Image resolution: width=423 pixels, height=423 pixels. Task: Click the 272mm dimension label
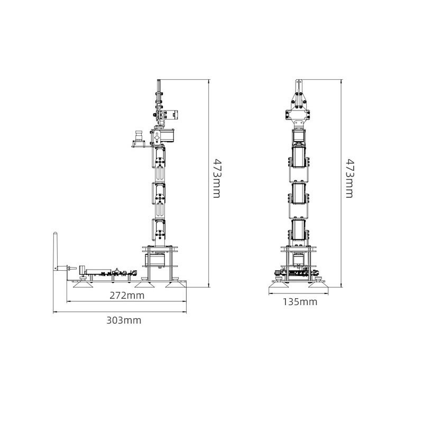click(127, 296)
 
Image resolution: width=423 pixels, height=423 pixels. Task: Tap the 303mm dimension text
click(124, 320)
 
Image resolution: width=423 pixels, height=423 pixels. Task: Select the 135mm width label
click(300, 302)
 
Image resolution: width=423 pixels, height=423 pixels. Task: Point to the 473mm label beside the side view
click(217, 178)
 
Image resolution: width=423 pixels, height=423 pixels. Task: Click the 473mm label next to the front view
click(350, 178)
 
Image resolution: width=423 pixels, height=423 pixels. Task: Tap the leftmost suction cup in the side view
click(84, 284)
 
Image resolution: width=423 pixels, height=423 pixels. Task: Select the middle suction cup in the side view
click(144, 284)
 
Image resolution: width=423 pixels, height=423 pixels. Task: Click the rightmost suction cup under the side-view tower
click(175, 284)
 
